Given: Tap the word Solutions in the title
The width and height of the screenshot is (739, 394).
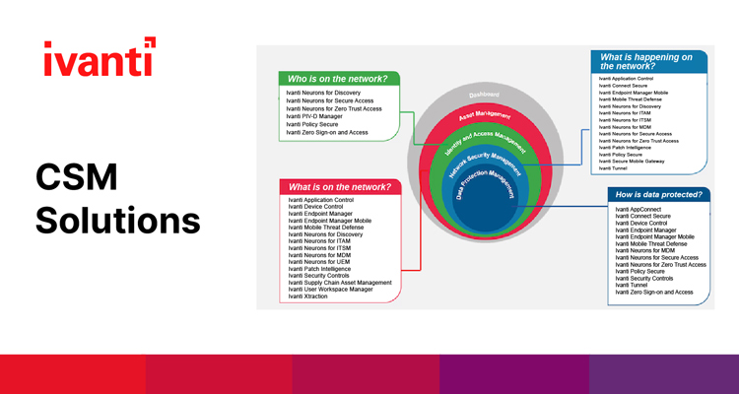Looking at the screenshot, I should pos(118,220).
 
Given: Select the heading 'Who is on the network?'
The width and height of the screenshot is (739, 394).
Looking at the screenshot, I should pos(336,78).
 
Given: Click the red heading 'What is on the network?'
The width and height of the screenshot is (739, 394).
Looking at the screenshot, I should pos(338,186).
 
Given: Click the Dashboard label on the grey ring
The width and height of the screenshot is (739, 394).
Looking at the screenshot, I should pos(484,95).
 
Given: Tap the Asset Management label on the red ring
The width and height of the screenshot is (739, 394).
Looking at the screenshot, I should pos(484,119).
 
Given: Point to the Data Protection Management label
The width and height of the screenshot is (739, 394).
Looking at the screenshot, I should pos(491,182).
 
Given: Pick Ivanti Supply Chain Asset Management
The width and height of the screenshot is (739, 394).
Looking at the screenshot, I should pos(340,282).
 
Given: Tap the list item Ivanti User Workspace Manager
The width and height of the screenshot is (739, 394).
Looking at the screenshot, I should pos(330,289).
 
